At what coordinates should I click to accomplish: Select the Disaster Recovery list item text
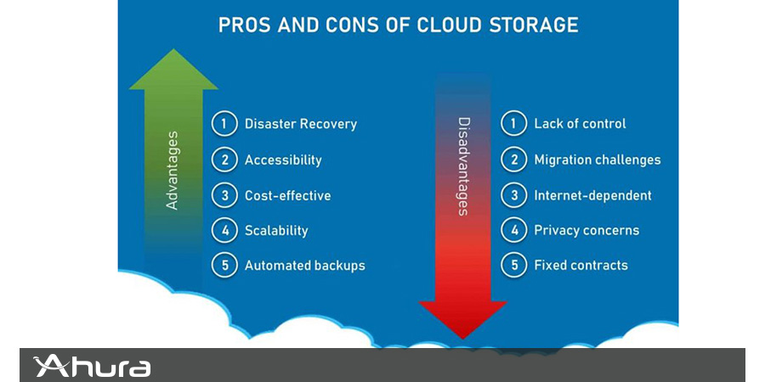click(301, 124)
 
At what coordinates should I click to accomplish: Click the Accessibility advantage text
click(283, 160)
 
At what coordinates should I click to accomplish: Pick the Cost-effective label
click(287, 195)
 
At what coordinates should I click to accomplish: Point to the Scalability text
click(276, 230)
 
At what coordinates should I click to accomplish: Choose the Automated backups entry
click(304, 266)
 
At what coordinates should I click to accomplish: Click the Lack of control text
click(580, 123)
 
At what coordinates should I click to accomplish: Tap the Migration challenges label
click(598, 160)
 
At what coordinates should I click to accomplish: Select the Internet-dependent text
click(592, 195)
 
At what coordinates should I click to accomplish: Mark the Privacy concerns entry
click(586, 230)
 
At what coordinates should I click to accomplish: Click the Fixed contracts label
click(581, 266)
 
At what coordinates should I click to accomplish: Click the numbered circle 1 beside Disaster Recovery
click(224, 124)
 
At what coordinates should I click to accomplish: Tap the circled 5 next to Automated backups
click(224, 266)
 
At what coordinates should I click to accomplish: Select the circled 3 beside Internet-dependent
click(513, 195)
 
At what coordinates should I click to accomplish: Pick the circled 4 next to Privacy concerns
click(513, 230)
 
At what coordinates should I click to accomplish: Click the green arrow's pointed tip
click(173, 49)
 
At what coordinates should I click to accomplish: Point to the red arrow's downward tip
click(463, 338)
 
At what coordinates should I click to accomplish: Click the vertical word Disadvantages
click(464, 166)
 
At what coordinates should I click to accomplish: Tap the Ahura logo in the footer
click(91, 367)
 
